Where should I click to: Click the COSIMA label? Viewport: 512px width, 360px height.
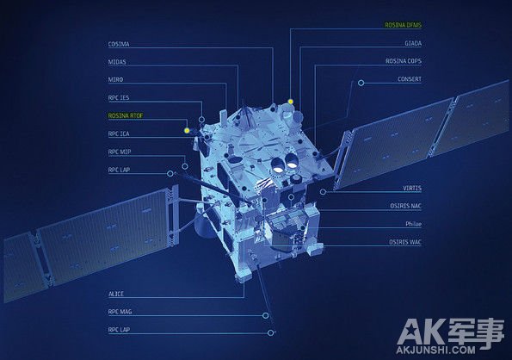(119, 44)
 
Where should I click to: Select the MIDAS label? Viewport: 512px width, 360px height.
(117, 62)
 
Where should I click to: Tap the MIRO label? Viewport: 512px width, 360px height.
(115, 79)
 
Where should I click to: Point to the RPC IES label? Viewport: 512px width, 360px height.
(119, 97)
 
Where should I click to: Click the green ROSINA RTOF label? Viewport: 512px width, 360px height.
(126, 115)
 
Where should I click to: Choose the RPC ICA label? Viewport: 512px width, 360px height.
(119, 133)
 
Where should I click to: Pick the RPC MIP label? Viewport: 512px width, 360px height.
(120, 152)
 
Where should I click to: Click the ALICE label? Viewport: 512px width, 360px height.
(116, 294)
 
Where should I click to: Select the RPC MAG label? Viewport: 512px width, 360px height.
(120, 312)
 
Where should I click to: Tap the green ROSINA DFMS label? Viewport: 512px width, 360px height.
(403, 25)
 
